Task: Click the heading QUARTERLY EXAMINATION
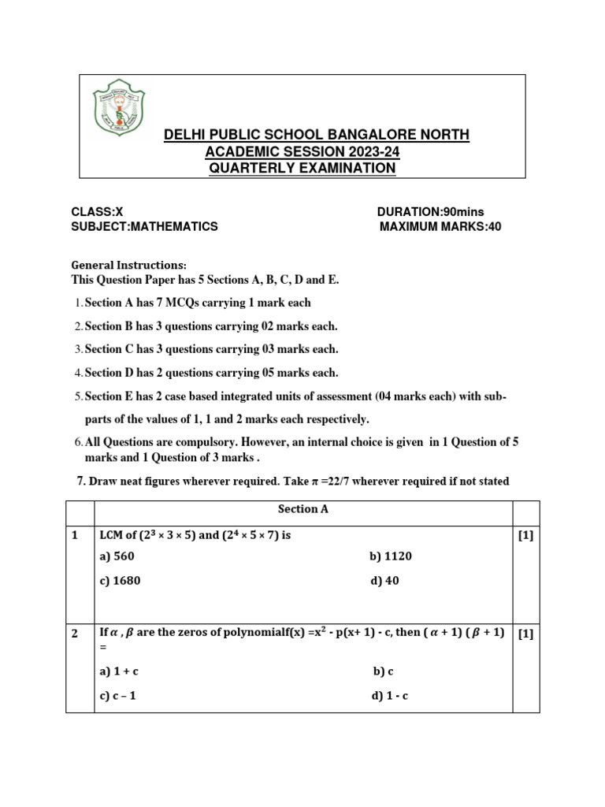(x=302, y=168)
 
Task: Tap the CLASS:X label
(x=97, y=211)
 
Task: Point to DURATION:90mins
(x=430, y=211)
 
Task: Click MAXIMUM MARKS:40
(x=440, y=226)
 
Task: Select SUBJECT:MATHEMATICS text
(x=144, y=226)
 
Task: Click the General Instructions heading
(x=129, y=266)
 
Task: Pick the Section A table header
(x=303, y=509)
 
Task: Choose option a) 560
(x=117, y=556)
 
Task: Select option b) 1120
(x=391, y=556)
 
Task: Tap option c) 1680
(x=121, y=581)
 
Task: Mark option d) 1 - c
(x=390, y=696)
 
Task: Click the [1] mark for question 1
(x=525, y=536)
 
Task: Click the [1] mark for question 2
(x=525, y=634)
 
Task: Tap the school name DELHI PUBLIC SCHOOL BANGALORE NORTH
(x=317, y=135)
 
